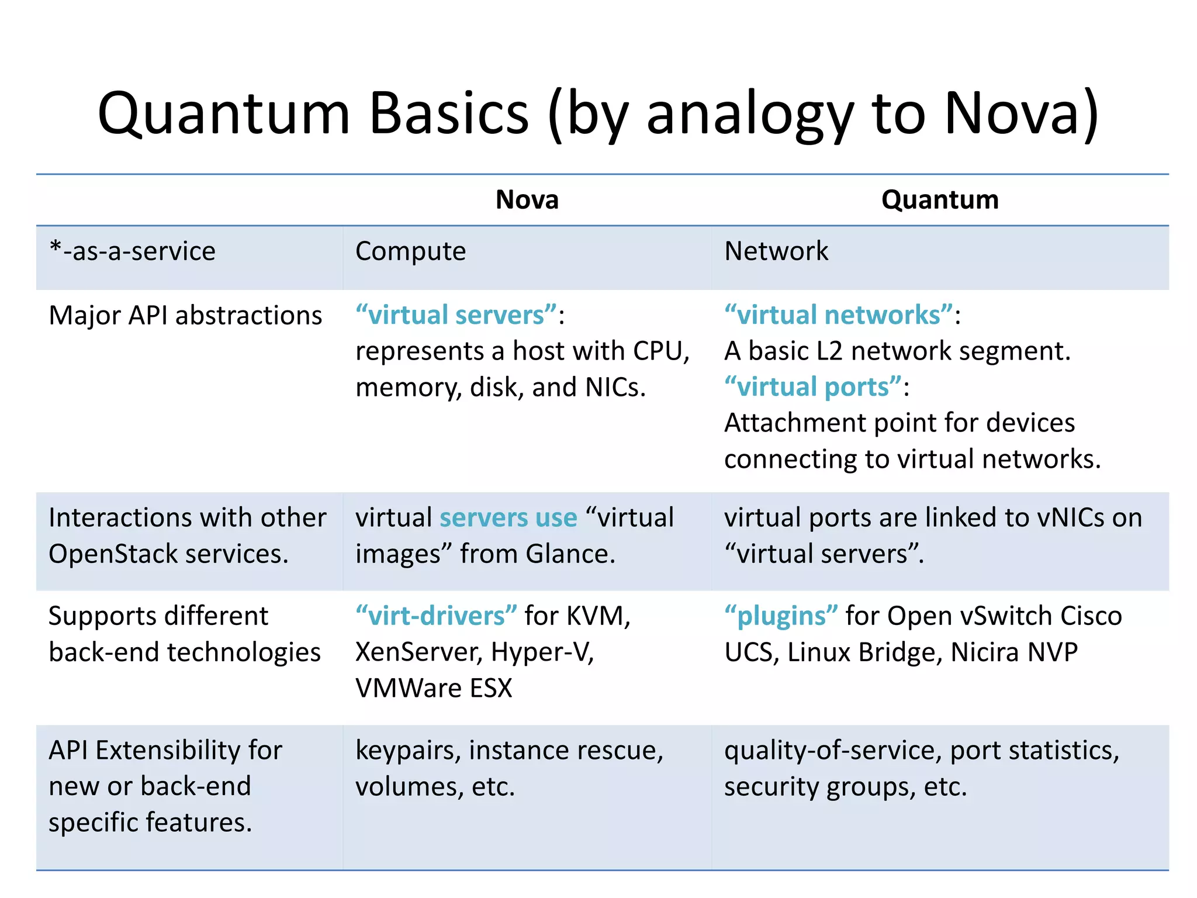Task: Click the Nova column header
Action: coord(527,200)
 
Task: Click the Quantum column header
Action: coord(940,200)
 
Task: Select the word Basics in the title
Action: coord(449,113)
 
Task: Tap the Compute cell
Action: coord(410,251)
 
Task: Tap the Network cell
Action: coord(776,251)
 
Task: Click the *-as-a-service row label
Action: coord(133,251)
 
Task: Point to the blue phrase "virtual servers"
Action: coord(456,315)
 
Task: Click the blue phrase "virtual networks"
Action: coord(839,315)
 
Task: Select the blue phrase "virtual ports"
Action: coord(813,387)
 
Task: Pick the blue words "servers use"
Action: coord(508,518)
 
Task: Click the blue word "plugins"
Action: coord(781,616)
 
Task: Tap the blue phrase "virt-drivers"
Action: coord(436,616)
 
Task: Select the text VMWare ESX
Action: coord(434,688)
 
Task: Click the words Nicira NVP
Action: coord(1014,652)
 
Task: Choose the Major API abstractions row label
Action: coord(185,316)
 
